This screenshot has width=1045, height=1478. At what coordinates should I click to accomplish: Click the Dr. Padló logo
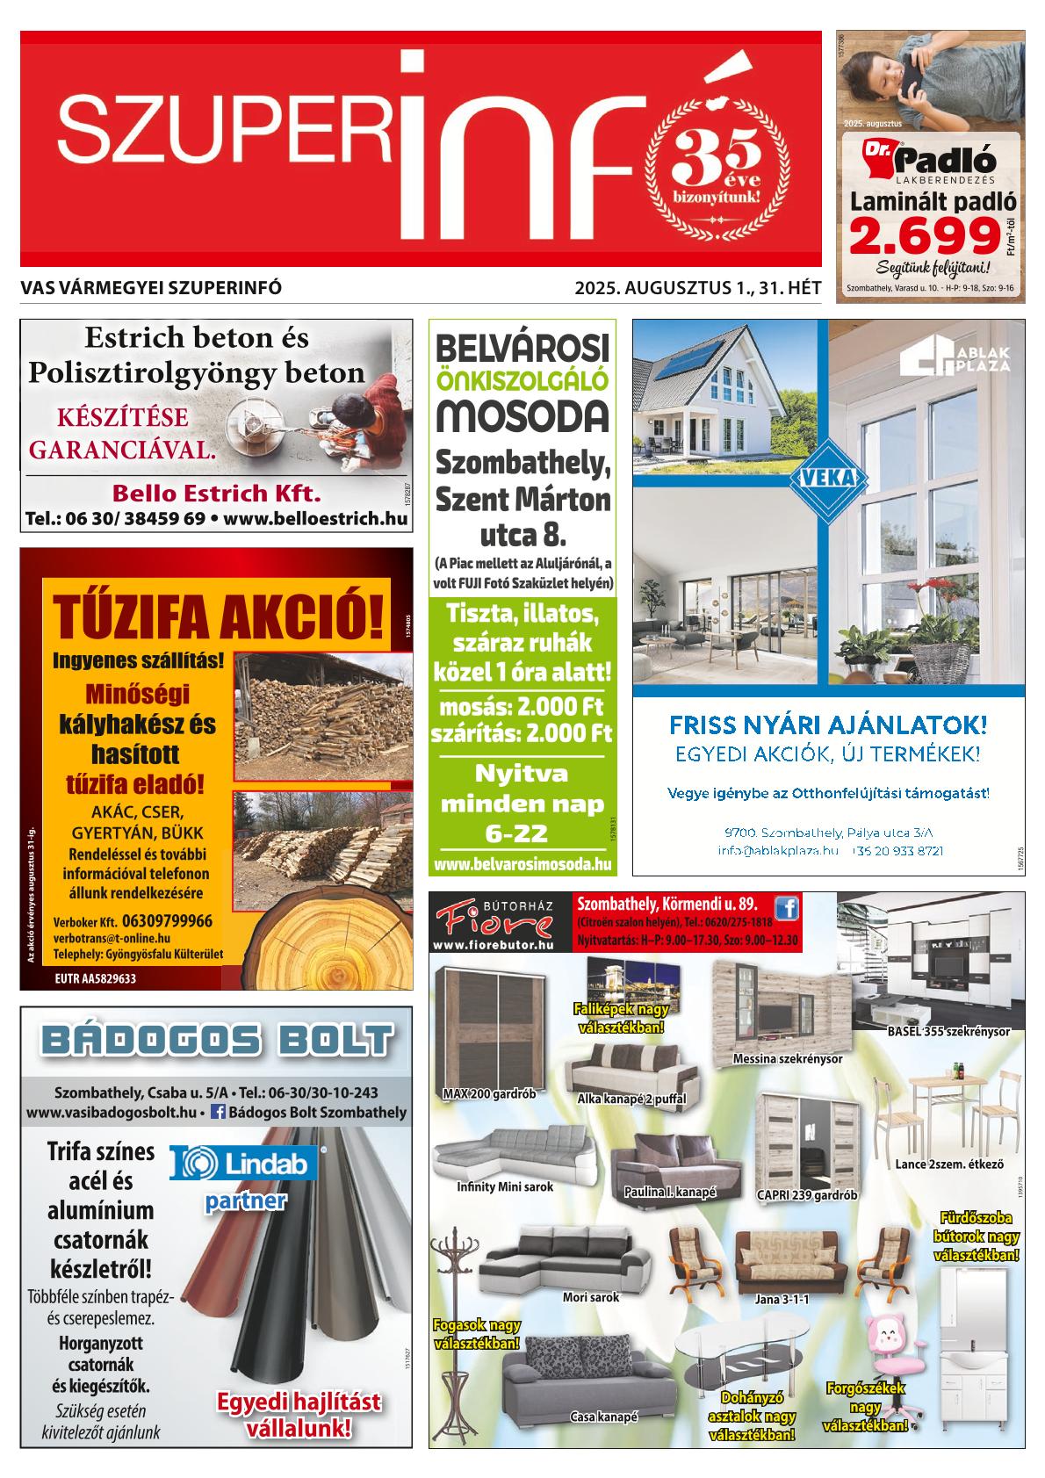click(x=929, y=160)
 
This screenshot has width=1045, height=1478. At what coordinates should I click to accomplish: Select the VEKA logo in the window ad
click(x=828, y=478)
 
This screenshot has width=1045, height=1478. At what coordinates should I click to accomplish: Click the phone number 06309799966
click(x=167, y=921)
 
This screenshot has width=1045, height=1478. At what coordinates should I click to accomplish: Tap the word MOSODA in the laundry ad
click(x=522, y=415)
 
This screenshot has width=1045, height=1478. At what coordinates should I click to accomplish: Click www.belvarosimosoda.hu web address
click(x=522, y=864)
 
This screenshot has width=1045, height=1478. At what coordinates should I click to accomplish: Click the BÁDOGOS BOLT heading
click(x=216, y=1042)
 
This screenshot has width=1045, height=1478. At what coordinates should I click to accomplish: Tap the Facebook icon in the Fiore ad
click(x=787, y=907)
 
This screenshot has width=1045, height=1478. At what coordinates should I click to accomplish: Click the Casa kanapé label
click(x=603, y=1417)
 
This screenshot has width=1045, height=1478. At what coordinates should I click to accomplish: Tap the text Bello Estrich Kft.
click(x=216, y=491)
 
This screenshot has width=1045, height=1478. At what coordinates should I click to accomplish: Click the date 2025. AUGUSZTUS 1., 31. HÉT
click(x=697, y=287)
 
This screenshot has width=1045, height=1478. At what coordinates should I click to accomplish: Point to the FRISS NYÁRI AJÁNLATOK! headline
click(x=827, y=725)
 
